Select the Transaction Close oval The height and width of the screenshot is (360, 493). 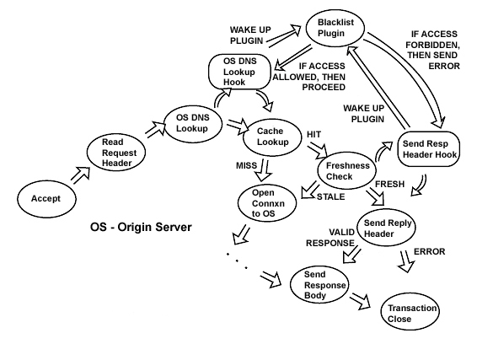[x=413, y=314]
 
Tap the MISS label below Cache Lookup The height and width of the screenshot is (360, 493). [x=245, y=166]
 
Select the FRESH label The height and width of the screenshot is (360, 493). [x=390, y=183]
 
